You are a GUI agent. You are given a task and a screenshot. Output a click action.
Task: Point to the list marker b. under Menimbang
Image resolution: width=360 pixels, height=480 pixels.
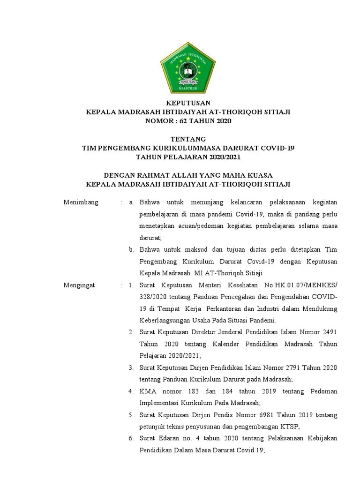tap(132, 249)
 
